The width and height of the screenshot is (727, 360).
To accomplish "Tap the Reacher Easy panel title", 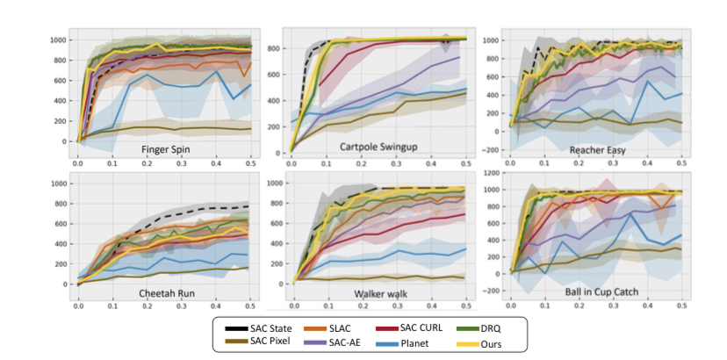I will pyautogui.click(x=598, y=150).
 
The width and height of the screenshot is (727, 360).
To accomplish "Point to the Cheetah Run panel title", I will pyautogui.click(x=169, y=293).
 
